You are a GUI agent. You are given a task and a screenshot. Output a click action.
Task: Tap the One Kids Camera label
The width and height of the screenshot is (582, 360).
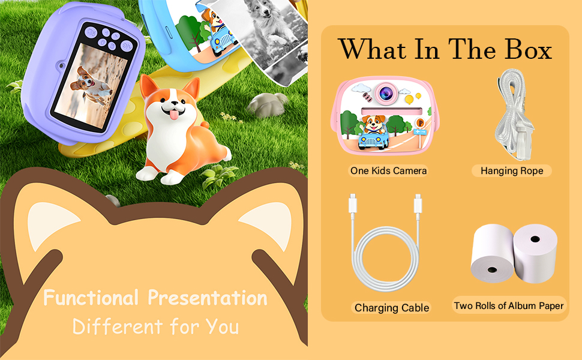tap(388, 171)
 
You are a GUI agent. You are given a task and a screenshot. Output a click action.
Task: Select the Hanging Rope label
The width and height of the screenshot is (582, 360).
tap(512, 171)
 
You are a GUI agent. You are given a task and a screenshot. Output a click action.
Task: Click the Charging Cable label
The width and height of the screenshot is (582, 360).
tap(392, 308)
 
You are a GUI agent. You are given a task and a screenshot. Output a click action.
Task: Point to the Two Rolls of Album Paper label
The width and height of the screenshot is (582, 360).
tap(509, 305)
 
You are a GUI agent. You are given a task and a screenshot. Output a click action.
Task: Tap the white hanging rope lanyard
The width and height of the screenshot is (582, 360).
tap(514, 115)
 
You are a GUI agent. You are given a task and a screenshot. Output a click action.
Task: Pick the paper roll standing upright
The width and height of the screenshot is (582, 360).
tap(535, 253)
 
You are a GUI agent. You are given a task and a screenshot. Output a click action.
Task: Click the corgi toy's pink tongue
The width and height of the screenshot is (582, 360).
tap(174, 115)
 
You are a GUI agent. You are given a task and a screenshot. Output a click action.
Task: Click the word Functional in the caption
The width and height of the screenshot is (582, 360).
tap(91, 298)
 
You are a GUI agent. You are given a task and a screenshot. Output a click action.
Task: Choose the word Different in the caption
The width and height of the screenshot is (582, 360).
tap(117, 326)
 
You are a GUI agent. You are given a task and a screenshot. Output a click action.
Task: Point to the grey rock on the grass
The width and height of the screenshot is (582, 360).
tap(267, 104)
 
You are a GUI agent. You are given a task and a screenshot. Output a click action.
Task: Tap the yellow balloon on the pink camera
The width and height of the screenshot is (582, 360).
tap(409, 100)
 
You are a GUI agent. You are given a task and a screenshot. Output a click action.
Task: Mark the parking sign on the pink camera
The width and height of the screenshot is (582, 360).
tap(420, 123)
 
